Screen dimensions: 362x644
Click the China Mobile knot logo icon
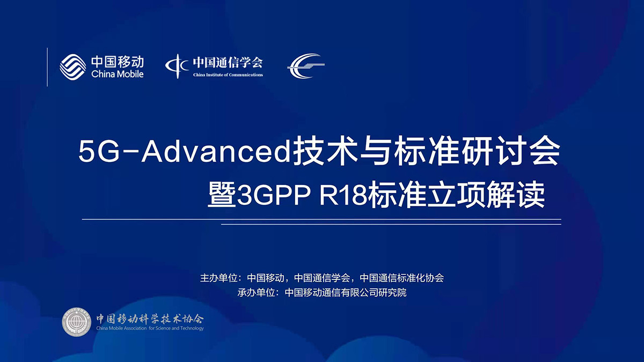point(73,67)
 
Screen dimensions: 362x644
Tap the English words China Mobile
point(118,74)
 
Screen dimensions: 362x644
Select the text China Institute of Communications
point(228,75)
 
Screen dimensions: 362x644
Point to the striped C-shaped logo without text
point(305,66)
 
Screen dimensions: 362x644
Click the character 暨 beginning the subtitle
point(222,196)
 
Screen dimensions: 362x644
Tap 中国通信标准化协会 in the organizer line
point(401,278)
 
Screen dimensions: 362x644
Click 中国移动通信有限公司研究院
point(346,293)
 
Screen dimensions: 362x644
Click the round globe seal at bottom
point(77,322)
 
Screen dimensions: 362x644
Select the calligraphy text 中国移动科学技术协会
point(150,317)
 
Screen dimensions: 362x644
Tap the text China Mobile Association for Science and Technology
point(150,328)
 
